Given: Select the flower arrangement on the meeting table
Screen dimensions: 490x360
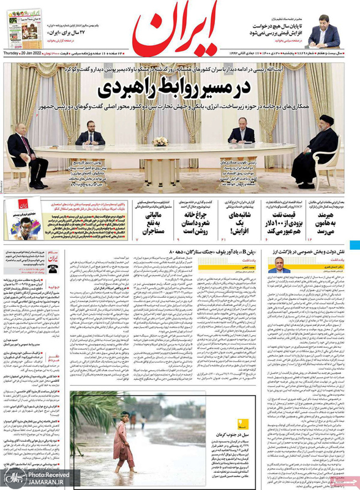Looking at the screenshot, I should coord(161,141).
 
